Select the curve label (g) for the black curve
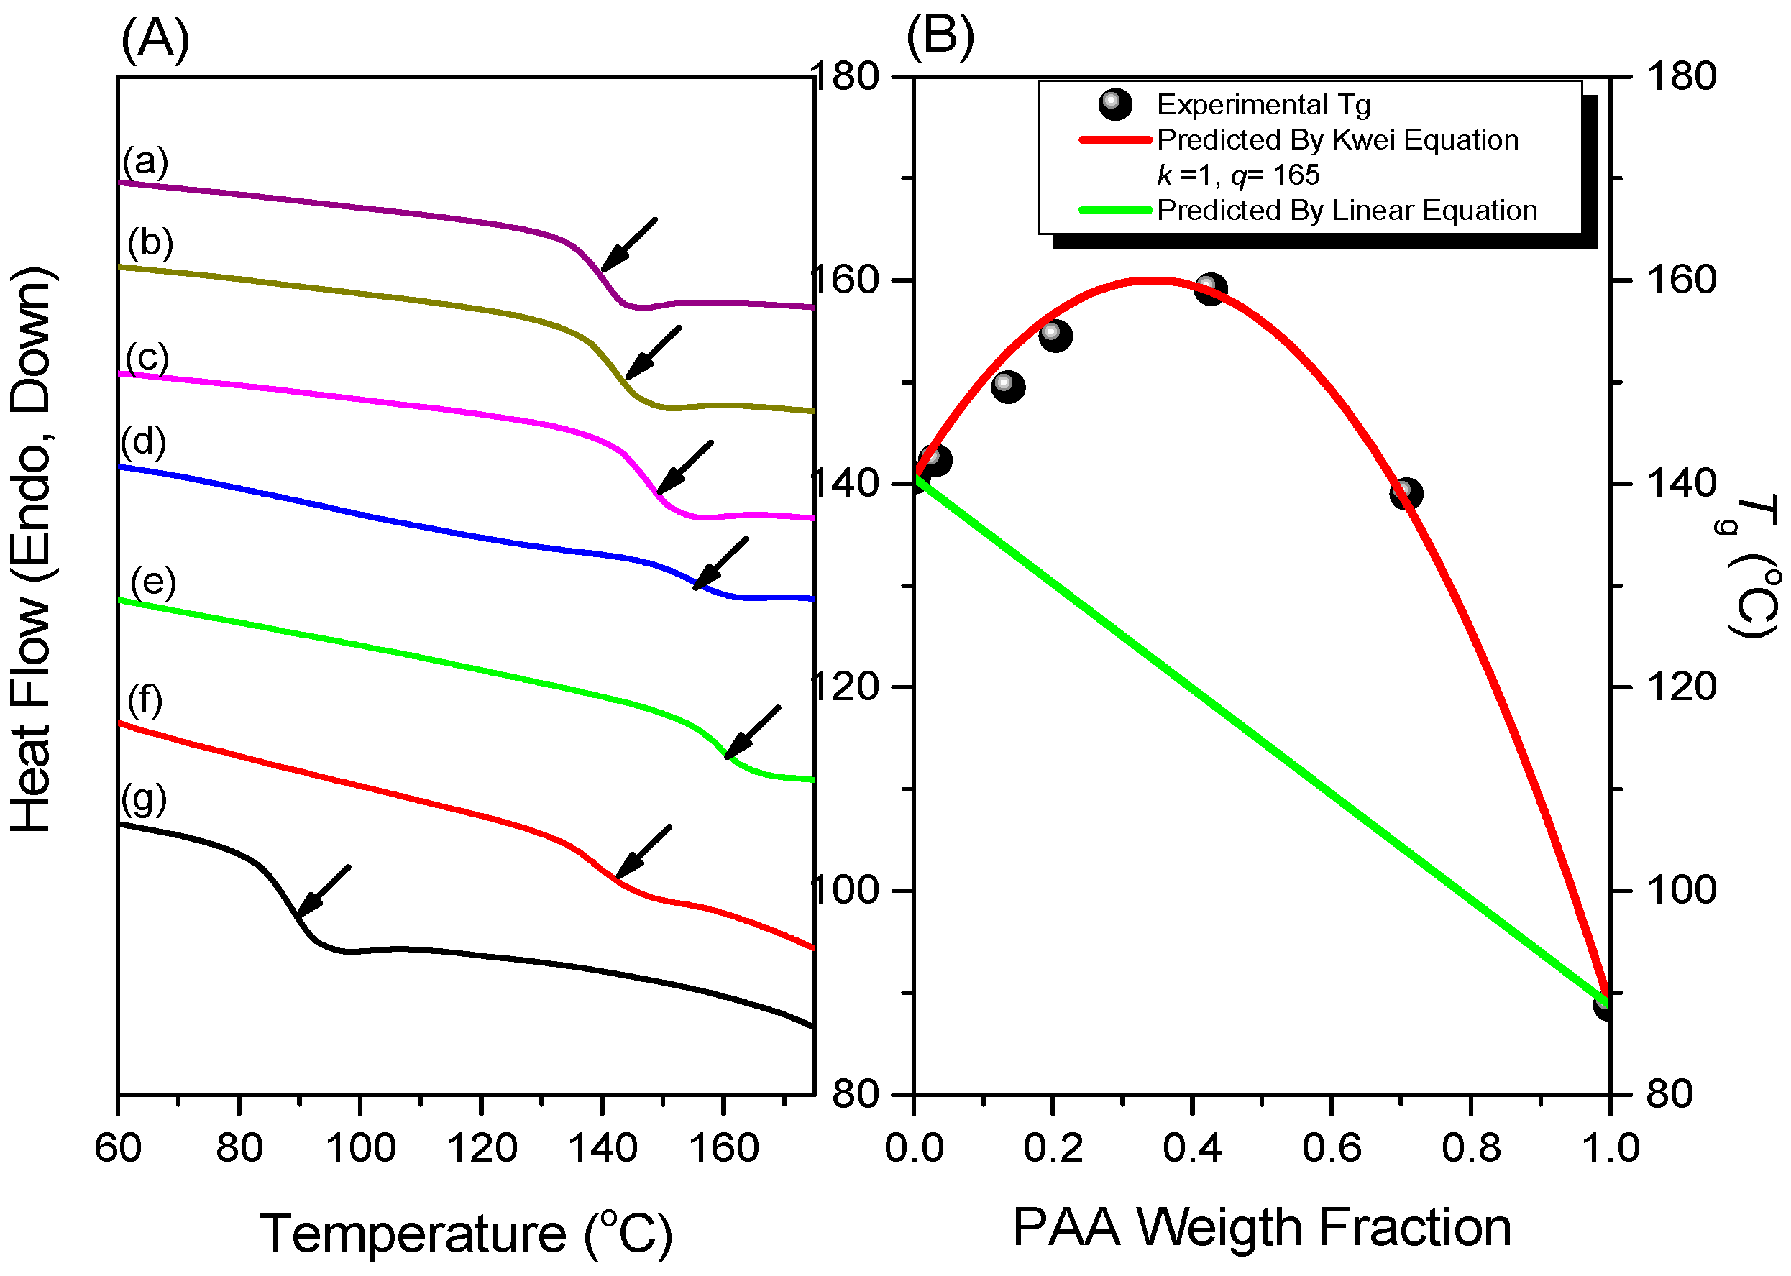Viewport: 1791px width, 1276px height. pyautogui.click(x=144, y=800)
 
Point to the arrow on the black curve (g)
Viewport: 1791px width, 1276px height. pyautogui.click(x=323, y=892)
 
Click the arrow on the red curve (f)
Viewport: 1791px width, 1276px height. pyautogui.click(x=643, y=851)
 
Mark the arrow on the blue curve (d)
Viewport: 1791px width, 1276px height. pyautogui.click(x=720, y=563)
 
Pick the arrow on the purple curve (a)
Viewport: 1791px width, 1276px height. pyautogui.click(x=628, y=244)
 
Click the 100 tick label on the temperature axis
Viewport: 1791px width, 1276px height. pyautogui.click(x=360, y=1149)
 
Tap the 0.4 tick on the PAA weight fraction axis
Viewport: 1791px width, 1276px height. pyautogui.click(x=1192, y=1148)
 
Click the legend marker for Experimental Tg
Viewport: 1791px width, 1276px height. pyautogui.click(x=1114, y=104)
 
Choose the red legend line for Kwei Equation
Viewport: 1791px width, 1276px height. pyautogui.click(x=1114, y=140)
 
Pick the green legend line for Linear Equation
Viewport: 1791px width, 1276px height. pyautogui.click(x=1114, y=210)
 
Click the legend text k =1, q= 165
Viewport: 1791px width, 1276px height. pyautogui.click(x=1238, y=175)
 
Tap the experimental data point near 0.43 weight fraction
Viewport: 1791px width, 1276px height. pyautogui.click(x=1210, y=288)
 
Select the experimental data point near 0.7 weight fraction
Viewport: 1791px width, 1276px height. pyautogui.click(x=1406, y=493)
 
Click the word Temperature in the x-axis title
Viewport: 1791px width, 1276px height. pyautogui.click(x=413, y=1234)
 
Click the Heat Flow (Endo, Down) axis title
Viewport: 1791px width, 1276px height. pyautogui.click(x=32, y=549)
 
